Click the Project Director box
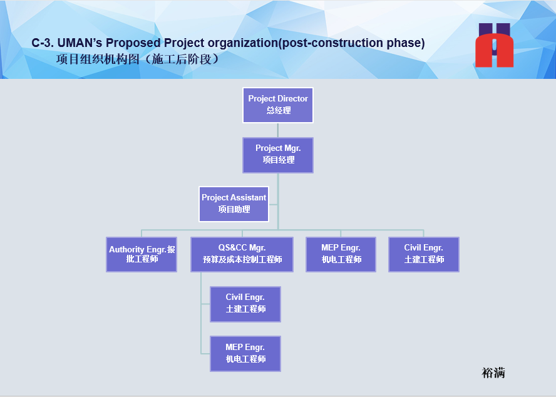[278, 105]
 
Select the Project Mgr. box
[278, 155]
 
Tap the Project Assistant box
[234, 204]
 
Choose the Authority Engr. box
[142, 254]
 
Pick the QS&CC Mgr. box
[242, 254]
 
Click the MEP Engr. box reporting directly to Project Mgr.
[341, 254]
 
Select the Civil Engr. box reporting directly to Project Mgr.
[424, 254]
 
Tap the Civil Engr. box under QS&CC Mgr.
[245, 304]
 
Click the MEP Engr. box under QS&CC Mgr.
[245, 354]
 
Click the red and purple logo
[494, 45]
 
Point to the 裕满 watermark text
[493, 373]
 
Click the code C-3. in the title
[42, 43]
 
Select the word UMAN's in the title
[80, 43]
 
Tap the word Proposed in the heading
[133, 43]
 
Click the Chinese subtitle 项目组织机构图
[98, 59]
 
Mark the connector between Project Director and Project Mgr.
[278, 130]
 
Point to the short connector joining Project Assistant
[274, 204]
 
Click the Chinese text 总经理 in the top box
[279, 110]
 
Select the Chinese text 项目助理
[234, 209]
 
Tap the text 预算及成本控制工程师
[242, 259]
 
